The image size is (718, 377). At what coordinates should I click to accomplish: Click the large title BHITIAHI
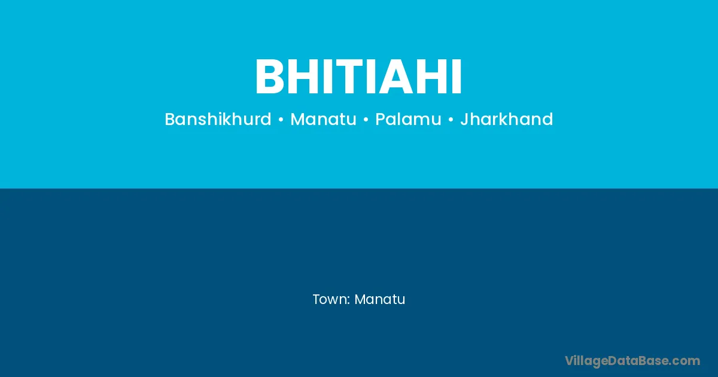click(x=358, y=77)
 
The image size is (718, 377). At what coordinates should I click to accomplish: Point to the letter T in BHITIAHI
click(x=348, y=77)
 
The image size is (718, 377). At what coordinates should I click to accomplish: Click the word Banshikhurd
click(x=218, y=119)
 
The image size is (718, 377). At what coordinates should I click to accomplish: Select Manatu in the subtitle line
click(x=323, y=119)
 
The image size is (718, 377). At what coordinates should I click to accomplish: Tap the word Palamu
click(x=408, y=119)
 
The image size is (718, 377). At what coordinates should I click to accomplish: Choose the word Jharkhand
click(x=506, y=119)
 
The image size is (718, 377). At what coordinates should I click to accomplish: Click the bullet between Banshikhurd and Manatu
click(x=281, y=120)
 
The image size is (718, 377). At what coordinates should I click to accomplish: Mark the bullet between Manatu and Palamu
click(x=366, y=120)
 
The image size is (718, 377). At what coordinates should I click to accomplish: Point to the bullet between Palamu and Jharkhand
click(x=451, y=120)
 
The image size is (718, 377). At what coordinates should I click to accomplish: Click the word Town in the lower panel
click(x=329, y=299)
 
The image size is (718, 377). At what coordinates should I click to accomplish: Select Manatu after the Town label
click(x=380, y=299)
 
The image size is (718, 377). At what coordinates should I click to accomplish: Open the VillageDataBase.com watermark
click(x=632, y=361)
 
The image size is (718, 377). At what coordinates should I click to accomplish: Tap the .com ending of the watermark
click(x=684, y=361)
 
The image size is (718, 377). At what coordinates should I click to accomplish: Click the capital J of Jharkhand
click(x=464, y=119)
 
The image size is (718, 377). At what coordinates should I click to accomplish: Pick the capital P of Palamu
click(x=380, y=119)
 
